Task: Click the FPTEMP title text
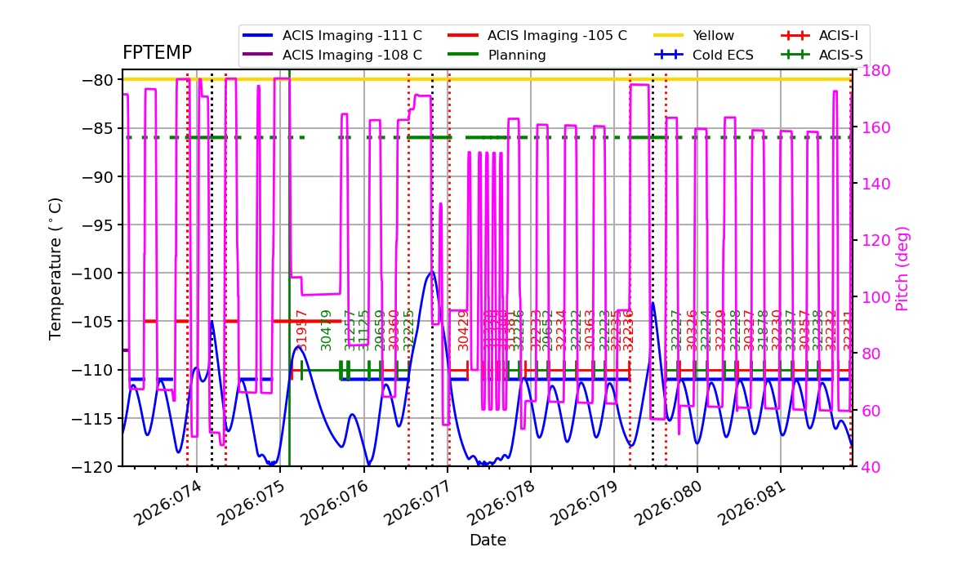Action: (x=157, y=53)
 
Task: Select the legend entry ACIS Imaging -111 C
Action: (x=352, y=36)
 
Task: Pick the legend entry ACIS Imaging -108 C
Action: (x=352, y=56)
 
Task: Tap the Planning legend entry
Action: (x=517, y=56)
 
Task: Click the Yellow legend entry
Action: (x=713, y=36)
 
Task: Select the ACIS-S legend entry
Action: (x=840, y=56)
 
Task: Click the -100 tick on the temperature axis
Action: (x=97, y=274)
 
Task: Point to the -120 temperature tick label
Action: (x=97, y=467)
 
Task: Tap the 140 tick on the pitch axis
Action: (x=869, y=184)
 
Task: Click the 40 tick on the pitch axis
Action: (x=866, y=467)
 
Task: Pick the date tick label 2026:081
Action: (x=750, y=503)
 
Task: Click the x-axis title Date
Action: (x=488, y=541)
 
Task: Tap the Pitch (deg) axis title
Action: (x=902, y=268)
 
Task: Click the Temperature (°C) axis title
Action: (x=56, y=268)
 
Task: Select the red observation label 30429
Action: (x=464, y=330)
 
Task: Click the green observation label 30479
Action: (x=327, y=330)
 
